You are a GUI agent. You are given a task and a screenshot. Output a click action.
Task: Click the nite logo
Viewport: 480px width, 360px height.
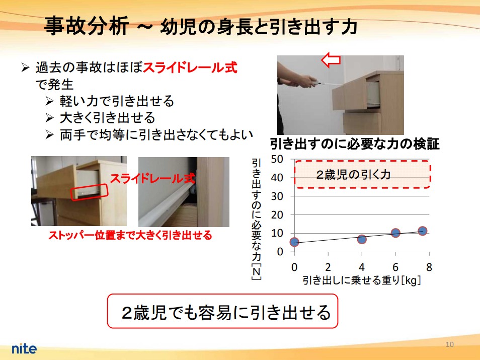[24, 348]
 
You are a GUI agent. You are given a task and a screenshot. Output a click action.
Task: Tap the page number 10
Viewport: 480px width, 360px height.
[449, 344]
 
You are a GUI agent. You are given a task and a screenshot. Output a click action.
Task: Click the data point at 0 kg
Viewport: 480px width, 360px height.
[294, 242]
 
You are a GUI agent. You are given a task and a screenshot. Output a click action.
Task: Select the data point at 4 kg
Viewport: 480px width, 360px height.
[362, 239]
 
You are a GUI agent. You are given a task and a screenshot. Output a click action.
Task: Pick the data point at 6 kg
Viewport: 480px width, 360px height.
[395, 233]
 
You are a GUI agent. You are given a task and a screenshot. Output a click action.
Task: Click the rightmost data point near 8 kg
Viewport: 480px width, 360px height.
[423, 231]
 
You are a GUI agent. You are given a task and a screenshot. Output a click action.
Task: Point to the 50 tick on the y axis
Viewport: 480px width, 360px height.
[277, 159]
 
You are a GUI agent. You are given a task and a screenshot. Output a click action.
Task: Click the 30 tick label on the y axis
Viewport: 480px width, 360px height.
[277, 196]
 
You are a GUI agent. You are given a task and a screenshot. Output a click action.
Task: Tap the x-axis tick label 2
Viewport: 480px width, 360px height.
[328, 267]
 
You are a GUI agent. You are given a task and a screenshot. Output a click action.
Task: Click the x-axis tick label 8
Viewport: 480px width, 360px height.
[429, 267]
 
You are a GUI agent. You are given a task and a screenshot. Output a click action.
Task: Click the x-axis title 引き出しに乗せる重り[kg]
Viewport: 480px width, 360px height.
[362, 280]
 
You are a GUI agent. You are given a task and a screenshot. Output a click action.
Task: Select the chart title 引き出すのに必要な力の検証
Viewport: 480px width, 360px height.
[355, 143]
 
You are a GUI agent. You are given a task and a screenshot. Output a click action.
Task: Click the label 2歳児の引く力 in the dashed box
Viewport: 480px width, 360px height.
[354, 175]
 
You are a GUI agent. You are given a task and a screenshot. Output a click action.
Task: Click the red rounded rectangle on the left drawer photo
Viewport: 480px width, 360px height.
[90, 192]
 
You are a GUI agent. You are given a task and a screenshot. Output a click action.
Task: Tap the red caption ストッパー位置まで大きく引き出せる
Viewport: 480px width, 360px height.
[130, 235]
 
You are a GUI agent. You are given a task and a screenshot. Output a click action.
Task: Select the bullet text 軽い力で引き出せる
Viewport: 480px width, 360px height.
[117, 101]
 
